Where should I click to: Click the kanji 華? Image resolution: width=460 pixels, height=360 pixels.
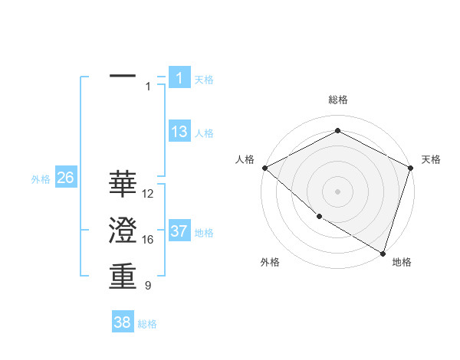(x=123, y=184)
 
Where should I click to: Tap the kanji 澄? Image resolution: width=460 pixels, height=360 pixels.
(x=123, y=231)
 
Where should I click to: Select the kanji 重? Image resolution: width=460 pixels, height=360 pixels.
(x=123, y=277)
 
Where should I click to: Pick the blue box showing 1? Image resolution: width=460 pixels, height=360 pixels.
(x=179, y=77)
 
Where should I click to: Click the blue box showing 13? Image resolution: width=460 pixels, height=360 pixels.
(x=179, y=132)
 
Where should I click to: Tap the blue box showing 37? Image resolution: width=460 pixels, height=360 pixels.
(x=179, y=231)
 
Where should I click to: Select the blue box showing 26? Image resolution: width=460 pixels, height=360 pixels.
(x=65, y=178)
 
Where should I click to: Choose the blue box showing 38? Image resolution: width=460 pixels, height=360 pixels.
(x=123, y=322)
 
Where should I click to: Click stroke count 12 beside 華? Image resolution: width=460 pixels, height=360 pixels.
(x=149, y=194)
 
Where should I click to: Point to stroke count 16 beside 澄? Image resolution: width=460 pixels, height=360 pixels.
(x=149, y=240)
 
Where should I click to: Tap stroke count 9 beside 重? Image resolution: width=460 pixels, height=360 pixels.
(x=148, y=286)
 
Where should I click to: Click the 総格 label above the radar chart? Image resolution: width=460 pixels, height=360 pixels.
(x=338, y=100)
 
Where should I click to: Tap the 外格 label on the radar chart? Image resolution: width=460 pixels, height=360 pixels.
(x=270, y=262)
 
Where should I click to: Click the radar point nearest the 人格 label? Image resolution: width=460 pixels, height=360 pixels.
(x=264, y=168)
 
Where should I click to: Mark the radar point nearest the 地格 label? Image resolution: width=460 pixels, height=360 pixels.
(x=383, y=252)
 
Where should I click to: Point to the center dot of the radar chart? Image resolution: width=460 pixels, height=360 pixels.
(x=337, y=191)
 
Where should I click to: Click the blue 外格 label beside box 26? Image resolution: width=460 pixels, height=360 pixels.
(x=41, y=179)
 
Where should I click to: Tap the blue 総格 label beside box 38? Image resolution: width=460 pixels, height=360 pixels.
(x=147, y=324)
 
